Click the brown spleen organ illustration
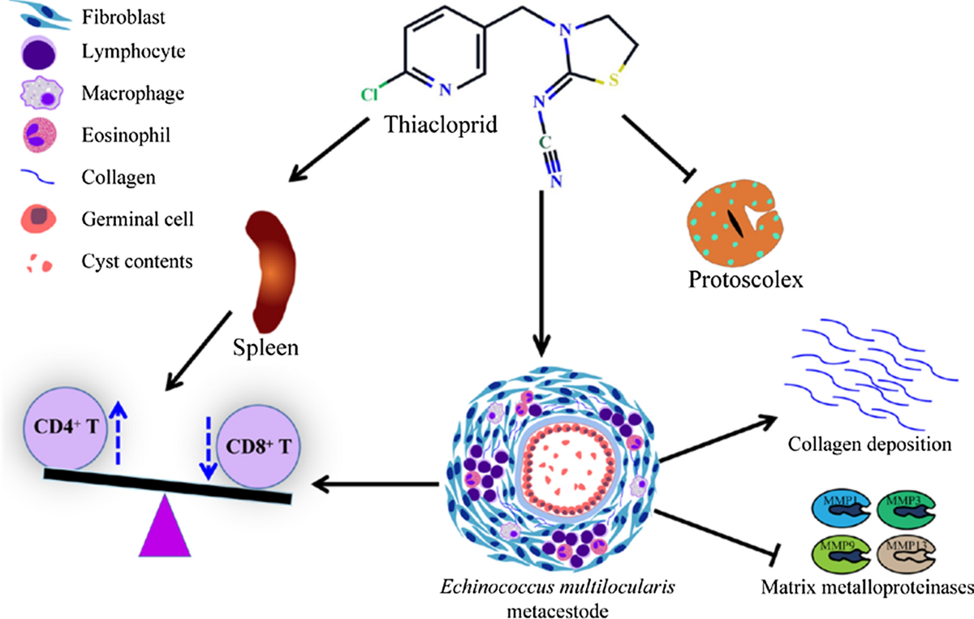(x=271, y=267)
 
